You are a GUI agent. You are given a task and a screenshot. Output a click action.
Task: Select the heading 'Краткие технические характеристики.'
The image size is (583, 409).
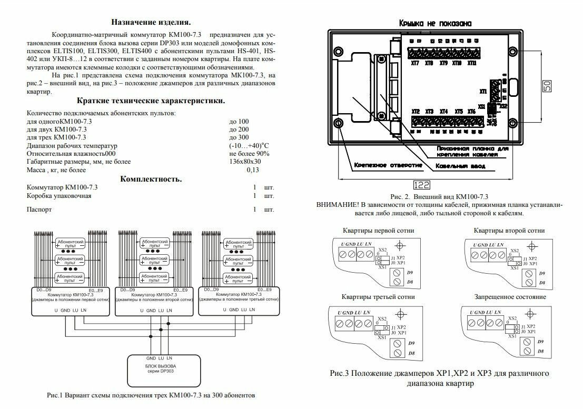[152, 101]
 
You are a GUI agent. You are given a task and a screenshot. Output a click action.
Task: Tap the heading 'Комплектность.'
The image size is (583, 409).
[151, 179]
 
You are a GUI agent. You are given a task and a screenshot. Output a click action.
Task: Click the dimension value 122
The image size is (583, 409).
[421, 185]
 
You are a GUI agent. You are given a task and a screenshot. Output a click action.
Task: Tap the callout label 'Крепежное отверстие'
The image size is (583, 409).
[388, 165]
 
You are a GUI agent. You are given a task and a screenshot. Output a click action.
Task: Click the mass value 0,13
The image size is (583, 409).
[253, 170]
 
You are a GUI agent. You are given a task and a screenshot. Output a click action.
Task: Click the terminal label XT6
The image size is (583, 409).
[471, 112]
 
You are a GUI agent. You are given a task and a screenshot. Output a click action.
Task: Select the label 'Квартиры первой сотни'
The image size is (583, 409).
[378, 231]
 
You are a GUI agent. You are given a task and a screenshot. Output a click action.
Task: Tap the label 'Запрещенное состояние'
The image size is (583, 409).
[509, 297]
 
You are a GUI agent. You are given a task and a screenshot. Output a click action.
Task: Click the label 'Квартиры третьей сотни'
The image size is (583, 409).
[378, 297]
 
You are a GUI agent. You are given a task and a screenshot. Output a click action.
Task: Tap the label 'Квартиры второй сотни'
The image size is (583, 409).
[509, 231]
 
